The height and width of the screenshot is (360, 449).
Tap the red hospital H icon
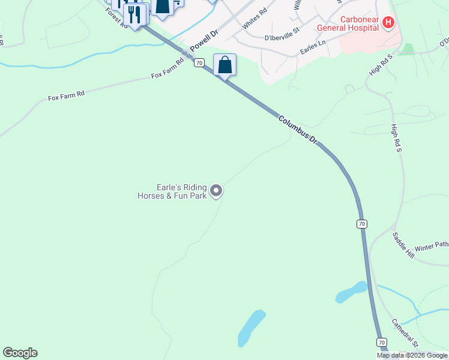pyautogui.click(x=388, y=23)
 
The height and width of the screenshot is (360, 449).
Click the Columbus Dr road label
pyautogui.click(x=297, y=129)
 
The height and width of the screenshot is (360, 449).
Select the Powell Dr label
pyautogui.click(x=202, y=41)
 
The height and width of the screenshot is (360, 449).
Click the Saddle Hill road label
pyautogui.click(x=403, y=245)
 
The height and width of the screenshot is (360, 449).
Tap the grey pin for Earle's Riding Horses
pyautogui.click(x=216, y=191)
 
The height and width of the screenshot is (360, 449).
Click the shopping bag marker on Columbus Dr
pyautogui.click(x=224, y=65)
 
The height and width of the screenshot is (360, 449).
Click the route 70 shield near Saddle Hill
pyautogui.click(x=361, y=224)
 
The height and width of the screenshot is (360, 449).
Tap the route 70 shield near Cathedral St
pyautogui.click(x=381, y=342)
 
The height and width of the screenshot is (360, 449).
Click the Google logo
pyautogui.click(x=20, y=353)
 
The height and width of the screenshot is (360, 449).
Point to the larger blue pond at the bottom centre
pyautogui.click(x=252, y=327)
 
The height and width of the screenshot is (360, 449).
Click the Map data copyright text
pyautogui.click(x=412, y=355)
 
